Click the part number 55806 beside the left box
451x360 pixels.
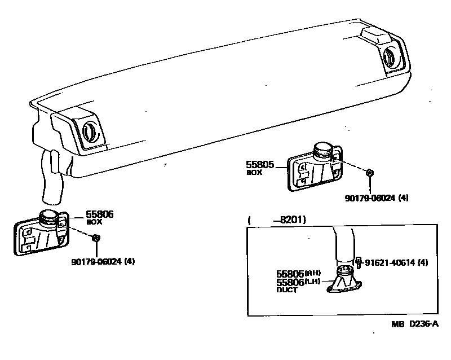[x=100, y=214]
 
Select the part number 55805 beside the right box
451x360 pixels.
[x=260, y=165]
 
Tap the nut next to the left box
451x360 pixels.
[x=96, y=238]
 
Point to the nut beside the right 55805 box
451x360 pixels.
[x=370, y=173]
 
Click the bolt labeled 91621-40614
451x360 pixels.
[x=358, y=262]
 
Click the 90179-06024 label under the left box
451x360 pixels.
[x=103, y=261]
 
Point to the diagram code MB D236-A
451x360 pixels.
[x=415, y=324]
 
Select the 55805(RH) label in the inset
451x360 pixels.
[x=298, y=273]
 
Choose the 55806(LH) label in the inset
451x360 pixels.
[x=298, y=282]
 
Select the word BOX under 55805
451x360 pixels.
[x=254, y=173]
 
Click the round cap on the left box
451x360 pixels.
[x=48, y=214]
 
